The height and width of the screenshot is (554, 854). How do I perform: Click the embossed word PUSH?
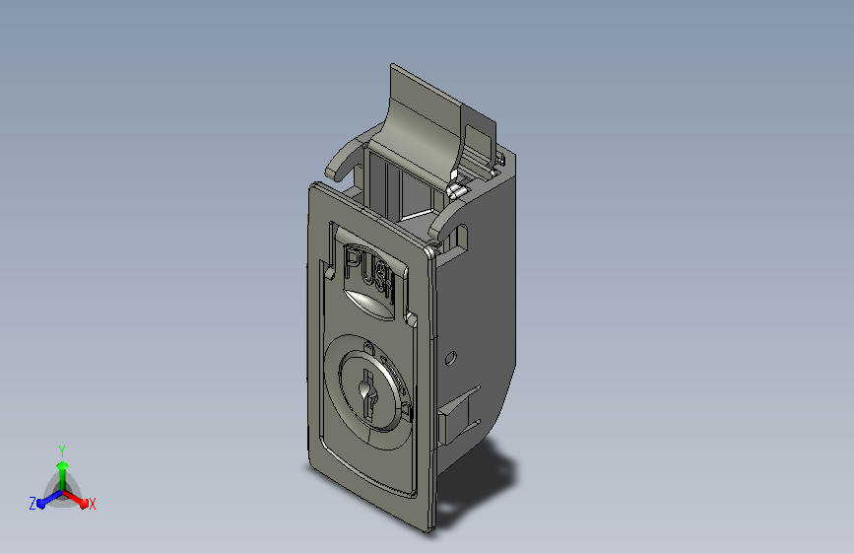click(x=369, y=274)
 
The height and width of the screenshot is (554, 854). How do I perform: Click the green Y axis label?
click(x=62, y=450)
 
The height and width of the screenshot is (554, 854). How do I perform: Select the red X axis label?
click(x=93, y=504)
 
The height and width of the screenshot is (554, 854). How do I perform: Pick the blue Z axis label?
click(x=33, y=504)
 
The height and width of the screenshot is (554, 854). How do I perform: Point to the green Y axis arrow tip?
click(x=63, y=464)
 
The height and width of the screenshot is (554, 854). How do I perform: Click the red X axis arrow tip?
click(x=84, y=504)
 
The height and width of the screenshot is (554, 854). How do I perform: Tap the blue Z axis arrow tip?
click(x=41, y=504)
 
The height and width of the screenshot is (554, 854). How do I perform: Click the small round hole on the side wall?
click(x=450, y=358)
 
